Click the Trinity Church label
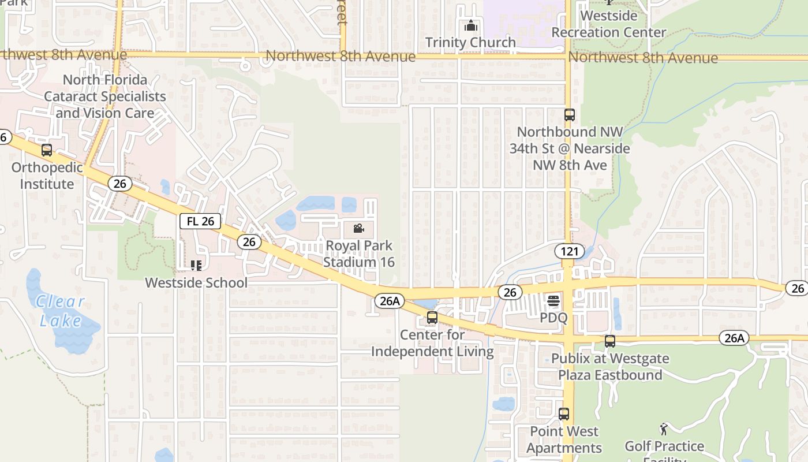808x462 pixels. [x=470, y=42]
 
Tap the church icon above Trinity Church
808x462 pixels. [x=471, y=26]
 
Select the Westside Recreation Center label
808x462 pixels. [x=608, y=24]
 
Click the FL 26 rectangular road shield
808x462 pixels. [x=200, y=221]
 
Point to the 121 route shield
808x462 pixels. [x=566, y=251]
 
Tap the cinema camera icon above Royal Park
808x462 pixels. [x=358, y=228]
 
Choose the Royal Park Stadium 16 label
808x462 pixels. [x=358, y=254]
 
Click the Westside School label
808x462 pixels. [x=196, y=282]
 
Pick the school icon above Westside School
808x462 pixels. [x=196, y=266]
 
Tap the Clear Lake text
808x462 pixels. [x=60, y=311]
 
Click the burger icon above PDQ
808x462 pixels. [x=553, y=300]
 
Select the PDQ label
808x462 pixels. [x=553, y=318]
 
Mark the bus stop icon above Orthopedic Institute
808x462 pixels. [x=47, y=150]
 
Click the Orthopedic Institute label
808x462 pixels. [x=47, y=176]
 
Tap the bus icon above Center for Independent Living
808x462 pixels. [x=432, y=318]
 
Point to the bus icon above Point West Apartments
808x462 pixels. [x=564, y=414]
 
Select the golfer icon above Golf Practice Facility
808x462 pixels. [x=664, y=429]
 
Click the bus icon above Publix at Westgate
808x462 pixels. [x=610, y=341]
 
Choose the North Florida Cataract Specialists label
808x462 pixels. [x=105, y=96]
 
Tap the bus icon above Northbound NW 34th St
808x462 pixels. [x=569, y=115]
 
